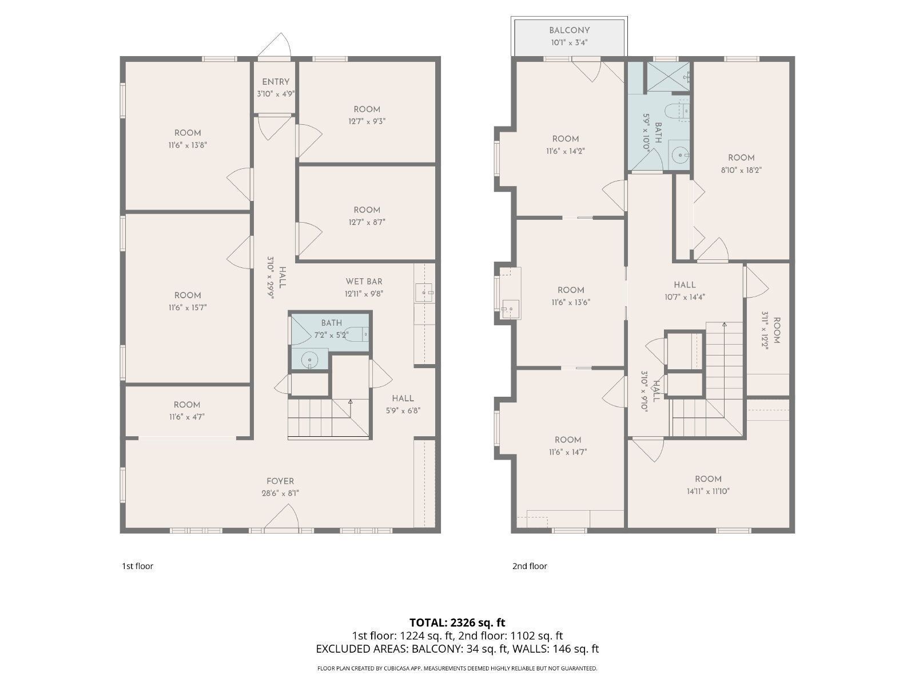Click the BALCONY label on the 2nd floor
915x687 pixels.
pyautogui.click(x=569, y=30)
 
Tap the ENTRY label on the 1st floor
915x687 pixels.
pyautogui.click(x=276, y=82)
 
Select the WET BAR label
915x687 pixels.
pyautogui.click(x=364, y=281)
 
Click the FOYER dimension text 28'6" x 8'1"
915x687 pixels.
pyautogui.click(x=280, y=493)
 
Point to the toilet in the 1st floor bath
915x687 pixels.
pyautogui.click(x=357, y=334)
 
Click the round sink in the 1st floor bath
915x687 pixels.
pyautogui.click(x=309, y=360)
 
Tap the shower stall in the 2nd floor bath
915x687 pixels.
pyautogui.click(x=667, y=76)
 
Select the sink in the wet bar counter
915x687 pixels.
pyautogui.click(x=424, y=293)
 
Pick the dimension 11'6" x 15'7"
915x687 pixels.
pyautogui.click(x=188, y=307)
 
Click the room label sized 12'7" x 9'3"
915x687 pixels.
pyautogui.click(x=367, y=109)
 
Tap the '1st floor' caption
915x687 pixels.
pyautogui.click(x=137, y=566)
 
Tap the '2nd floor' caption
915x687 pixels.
pyautogui.click(x=530, y=566)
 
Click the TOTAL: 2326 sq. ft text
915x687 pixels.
pyautogui.click(x=457, y=622)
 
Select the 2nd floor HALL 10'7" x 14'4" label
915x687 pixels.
pyautogui.click(x=685, y=285)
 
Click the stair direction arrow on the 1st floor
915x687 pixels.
pyautogui.click(x=350, y=403)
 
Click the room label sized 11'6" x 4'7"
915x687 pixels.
pyautogui.click(x=187, y=405)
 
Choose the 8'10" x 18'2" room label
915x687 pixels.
pyautogui.click(x=741, y=158)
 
